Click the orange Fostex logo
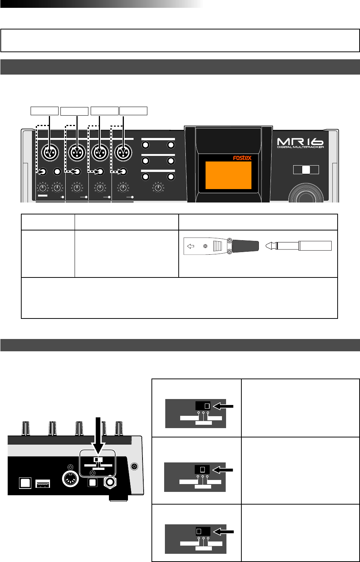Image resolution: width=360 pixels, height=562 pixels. coord(242,158)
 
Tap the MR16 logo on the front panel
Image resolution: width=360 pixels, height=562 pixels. coord(300,142)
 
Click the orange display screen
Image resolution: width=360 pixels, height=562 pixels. coord(228,175)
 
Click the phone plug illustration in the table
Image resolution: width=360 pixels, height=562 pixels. coord(298,246)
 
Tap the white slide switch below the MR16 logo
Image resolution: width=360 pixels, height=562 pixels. coord(306,170)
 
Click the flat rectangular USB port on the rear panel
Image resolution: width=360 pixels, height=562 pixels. coord(43,484)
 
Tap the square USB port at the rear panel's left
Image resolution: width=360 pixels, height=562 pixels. coord(25,483)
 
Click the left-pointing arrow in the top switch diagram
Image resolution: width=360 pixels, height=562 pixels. coord(223,406)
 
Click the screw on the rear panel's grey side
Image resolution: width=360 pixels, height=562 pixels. coord(135,466)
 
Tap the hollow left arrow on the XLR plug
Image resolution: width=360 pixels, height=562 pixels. coord(191,246)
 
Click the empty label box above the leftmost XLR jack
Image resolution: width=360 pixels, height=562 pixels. coord(44,111)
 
